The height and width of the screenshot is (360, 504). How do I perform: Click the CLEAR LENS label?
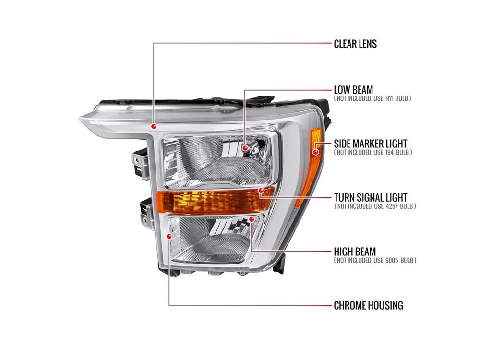click(x=355, y=44)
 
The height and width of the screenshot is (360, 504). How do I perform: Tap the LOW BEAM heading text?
click(x=353, y=90)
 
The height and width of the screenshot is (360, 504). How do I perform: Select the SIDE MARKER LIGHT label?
click(x=370, y=144)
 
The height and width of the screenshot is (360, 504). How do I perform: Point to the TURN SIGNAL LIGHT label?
click(x=370, y=197)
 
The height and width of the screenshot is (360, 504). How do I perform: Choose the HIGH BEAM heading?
click(x=355, y=252)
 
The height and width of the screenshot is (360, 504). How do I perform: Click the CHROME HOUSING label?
click(x=368, y=305)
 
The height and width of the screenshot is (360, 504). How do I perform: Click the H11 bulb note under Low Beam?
click(x=372, y=99)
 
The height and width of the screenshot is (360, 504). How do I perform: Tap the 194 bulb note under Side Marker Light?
click(x=373, y=152)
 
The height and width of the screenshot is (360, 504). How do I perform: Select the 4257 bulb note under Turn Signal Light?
click(x=375, y=206)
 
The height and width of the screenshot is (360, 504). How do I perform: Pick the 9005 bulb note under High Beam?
click(x=375, y=260)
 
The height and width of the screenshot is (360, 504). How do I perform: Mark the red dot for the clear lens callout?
click(x=154, y=126)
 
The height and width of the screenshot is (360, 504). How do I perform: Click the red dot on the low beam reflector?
click(x=245, y=148)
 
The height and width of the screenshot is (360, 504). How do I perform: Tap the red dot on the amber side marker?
click(x=316, y=151)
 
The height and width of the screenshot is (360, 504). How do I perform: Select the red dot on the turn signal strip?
click(x=261, y=191)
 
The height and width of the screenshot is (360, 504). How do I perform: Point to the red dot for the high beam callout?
click(x=252, y=219)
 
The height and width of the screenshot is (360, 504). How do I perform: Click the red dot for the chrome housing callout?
click(x=169, y=237)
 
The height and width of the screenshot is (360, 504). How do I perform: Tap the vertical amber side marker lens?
click(x=309, y=167)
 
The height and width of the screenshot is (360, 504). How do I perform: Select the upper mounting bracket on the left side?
click(x=141, y=164)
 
